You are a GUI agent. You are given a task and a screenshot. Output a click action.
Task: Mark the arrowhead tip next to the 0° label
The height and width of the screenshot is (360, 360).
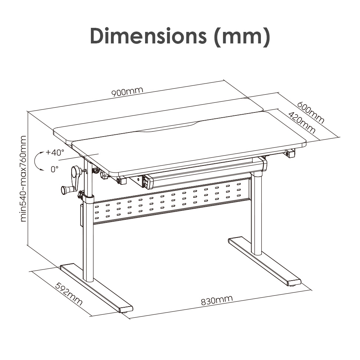tap(44, 170)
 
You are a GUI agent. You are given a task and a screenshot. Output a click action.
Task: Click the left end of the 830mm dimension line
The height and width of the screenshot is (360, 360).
tap(129, 318)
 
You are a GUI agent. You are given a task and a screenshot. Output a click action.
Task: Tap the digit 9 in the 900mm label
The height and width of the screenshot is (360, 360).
tap(114, 93)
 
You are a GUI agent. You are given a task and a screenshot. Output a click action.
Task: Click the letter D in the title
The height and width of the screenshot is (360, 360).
tap(97, 36)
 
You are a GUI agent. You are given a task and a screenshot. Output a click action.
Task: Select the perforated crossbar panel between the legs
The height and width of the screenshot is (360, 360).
tap(172, 202)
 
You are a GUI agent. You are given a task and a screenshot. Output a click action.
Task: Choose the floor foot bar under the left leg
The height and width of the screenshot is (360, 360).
tap(96, 288)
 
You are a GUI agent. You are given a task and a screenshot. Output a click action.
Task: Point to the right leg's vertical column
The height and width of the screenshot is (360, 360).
tap(256, 213)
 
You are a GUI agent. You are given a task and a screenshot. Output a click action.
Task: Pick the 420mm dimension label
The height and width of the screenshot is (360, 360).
tap(302, 122)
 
